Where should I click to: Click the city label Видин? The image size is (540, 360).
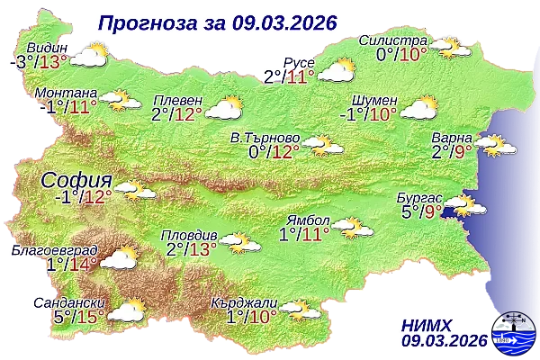coord(47,47)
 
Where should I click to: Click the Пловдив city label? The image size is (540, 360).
coord(187,234)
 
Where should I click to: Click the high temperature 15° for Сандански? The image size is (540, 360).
coord(87,317)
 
